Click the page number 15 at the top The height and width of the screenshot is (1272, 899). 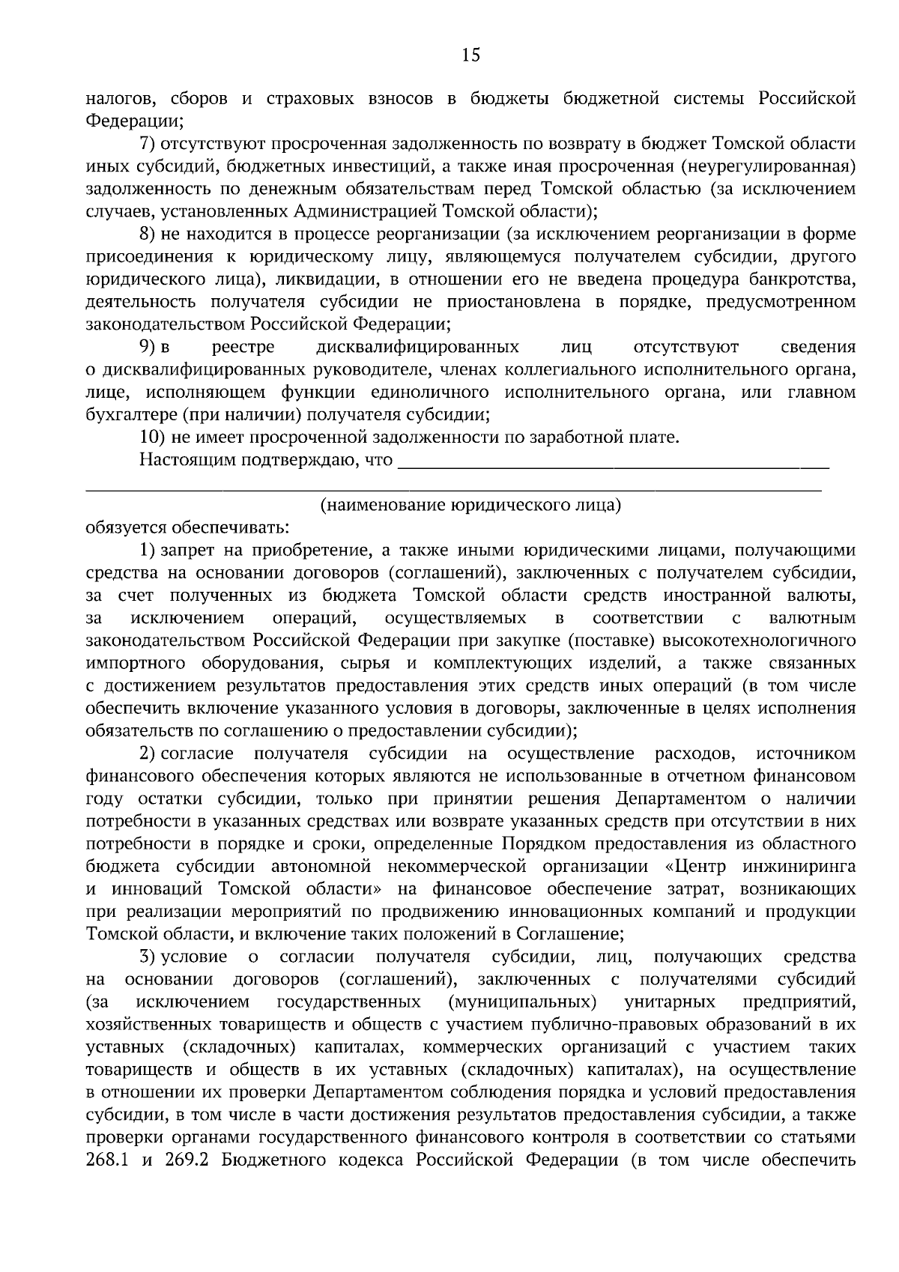pos(470,55)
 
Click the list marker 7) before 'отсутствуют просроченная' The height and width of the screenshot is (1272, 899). pos(148,144)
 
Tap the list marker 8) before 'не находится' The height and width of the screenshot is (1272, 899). pos(148,234)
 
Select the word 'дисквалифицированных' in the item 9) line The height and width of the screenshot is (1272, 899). pos(418,348)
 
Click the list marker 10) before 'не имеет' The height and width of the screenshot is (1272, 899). pos(153,437)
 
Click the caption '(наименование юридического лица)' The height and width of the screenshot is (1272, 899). pos(470,506)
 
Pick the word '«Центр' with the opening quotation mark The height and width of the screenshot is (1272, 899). pos(691,867)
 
